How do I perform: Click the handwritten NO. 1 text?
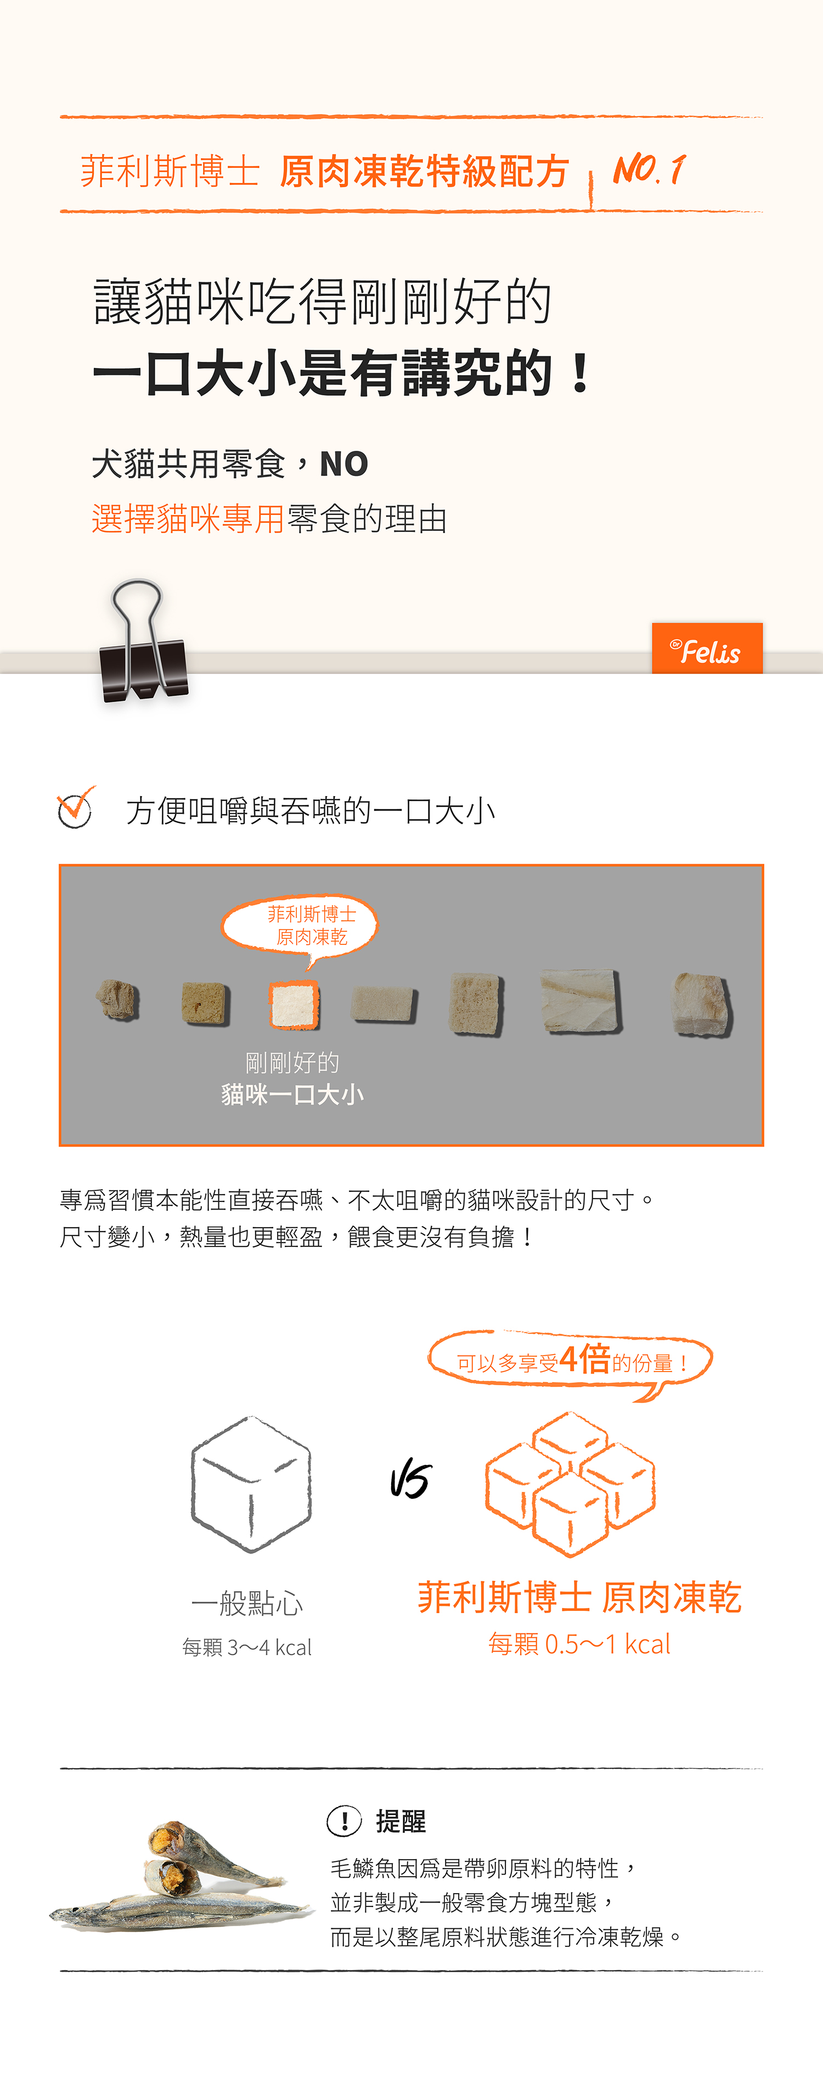click(649, 169)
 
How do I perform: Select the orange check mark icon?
click(76, 807)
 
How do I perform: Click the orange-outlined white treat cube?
click(294, 1005)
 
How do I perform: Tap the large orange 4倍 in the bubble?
click(585, 1359)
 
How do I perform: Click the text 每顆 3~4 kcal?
click(246, 1647)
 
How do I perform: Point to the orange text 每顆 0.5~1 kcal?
click(579, 1644)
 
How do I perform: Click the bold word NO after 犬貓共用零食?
click(344, 464)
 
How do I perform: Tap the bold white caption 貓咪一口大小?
click(292, 1094)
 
